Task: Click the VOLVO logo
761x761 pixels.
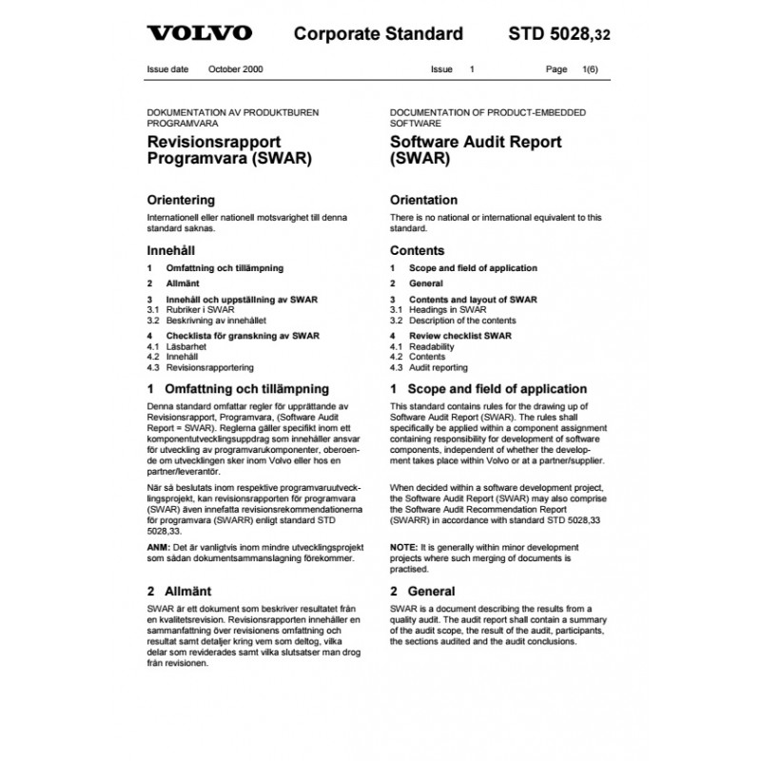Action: pos(200,34)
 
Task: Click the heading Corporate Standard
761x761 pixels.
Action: pos(379,34)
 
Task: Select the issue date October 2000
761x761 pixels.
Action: pos(237,70)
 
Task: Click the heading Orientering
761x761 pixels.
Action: pos(181,201)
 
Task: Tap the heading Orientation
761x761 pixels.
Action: pos(424,201)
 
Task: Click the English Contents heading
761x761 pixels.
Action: pos(418,251)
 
